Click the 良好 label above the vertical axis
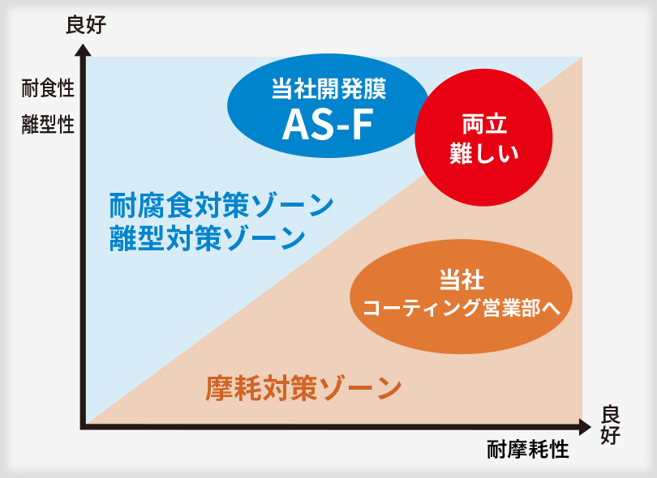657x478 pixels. [86, 24]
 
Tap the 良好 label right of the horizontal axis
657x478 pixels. [610, 425]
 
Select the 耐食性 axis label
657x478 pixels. [48, 88]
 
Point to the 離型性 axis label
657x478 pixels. [48, 124]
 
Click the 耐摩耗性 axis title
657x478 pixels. [528, 450]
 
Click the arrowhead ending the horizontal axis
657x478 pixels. [585, 427]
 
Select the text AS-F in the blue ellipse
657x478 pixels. [328, 125]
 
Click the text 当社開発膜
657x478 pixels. [329, 88]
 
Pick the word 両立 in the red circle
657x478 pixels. [484, 124]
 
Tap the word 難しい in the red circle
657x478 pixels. [484, 153]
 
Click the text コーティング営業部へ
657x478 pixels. [462, 308]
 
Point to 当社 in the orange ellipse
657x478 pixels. [462, 280]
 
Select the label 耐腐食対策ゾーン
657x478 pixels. [221, 206]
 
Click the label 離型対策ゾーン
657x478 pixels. [207, 238]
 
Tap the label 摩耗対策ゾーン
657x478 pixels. [303, 388]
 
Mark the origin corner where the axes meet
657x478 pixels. [84, 426]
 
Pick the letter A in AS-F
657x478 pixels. [296, 125]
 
